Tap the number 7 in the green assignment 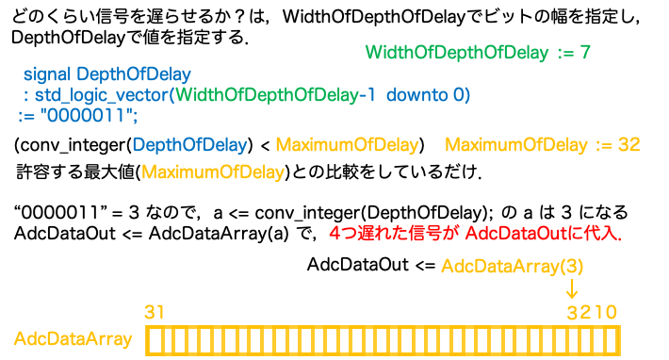585,52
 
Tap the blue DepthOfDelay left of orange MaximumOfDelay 189,145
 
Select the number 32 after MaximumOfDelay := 629,145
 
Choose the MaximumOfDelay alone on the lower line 213,172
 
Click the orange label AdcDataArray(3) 512,268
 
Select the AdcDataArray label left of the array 73,339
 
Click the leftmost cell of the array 152,340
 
